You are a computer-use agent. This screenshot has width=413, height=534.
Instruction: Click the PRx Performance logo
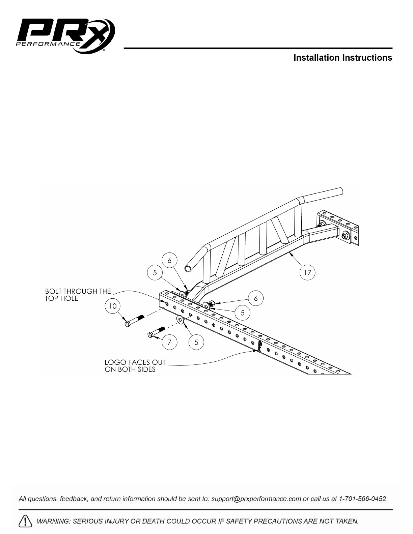coord(66,36)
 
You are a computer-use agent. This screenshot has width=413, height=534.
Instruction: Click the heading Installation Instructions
coord(342,58)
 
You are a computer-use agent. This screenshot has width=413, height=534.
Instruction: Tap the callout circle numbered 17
coord(307,272)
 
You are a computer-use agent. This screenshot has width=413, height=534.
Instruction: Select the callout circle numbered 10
coord(113,306)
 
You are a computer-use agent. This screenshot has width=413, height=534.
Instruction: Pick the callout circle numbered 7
coord(169,342)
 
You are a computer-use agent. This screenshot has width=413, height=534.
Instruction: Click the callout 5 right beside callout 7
coord(196,343)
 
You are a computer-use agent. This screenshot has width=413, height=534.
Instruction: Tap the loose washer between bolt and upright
coord(180,320)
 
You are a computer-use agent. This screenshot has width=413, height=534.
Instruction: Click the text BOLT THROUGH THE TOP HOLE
coord(78,295)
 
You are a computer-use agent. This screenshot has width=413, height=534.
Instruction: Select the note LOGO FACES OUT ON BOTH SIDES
coord(135,366)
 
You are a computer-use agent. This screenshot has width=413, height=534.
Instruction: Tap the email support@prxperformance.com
coord(256,499)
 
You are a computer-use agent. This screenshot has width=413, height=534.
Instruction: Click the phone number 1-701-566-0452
coord(362,499)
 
